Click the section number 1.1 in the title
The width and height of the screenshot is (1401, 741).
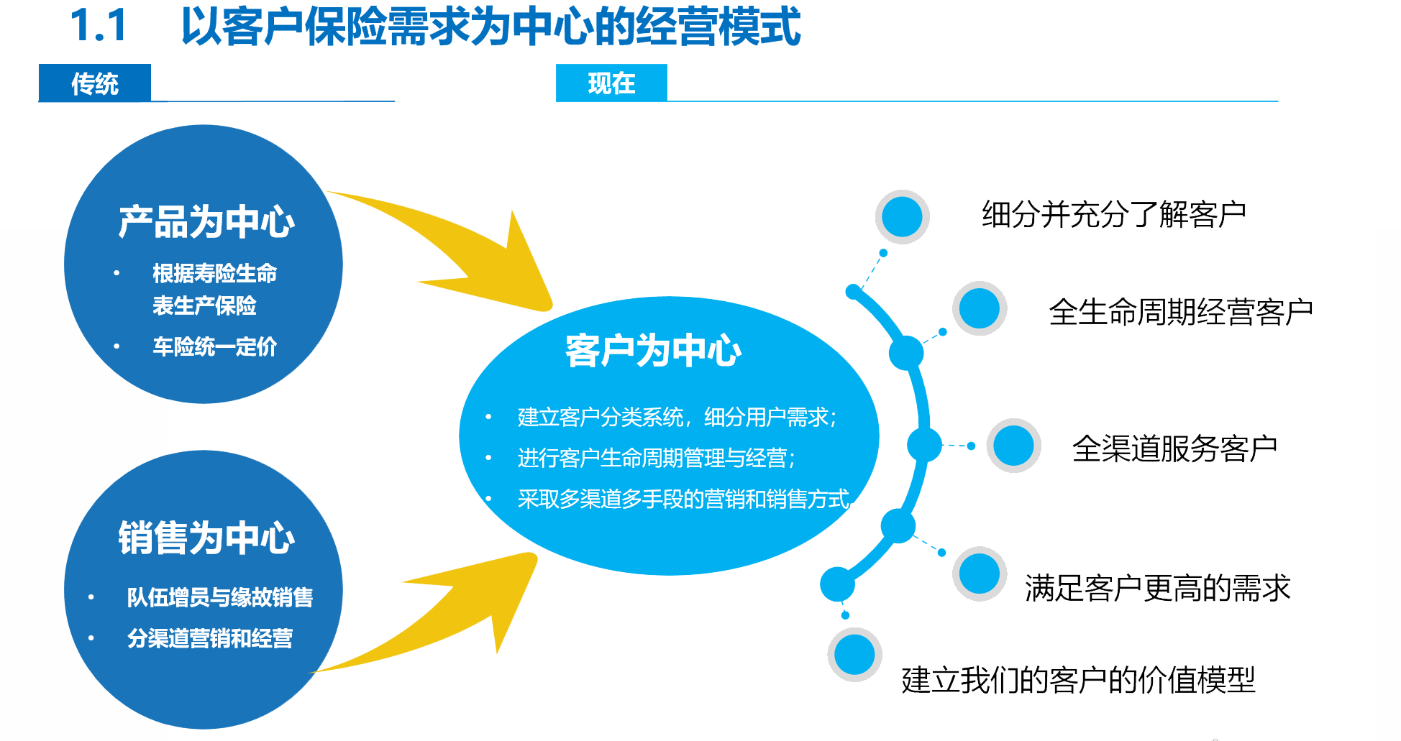pyautogui.click(x=99, y=26)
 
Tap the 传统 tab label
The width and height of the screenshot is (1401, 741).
pyautogui.click(x=94, y=83)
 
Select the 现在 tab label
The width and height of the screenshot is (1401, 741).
pyautogui.click(x=611, y=83)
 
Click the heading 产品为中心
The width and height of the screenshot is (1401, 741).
pyautogui.click(x=206, y=221)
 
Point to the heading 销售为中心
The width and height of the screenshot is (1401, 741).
pyautogui.click(x=206, y=538)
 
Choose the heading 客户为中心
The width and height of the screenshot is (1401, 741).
pyautogui.click(x=653, y=351)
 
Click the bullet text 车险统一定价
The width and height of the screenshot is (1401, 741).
pyautogui.click(x=214, y=346)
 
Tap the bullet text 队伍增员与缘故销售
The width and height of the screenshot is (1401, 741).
pyautogui.click(x=219, y=597)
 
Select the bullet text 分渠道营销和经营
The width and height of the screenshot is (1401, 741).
pyautogui.click(x=209, y=638)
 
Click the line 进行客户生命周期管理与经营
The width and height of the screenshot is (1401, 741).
pyautogui.click(x=656, y=458)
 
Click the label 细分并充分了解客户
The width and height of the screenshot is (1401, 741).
pyautogui.click(x=1113, y=214)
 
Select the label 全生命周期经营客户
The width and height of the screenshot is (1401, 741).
pyautogui.click(x=1180, y=312)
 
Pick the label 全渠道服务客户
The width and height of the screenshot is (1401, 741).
pyautogui.click(x=1174, y=448)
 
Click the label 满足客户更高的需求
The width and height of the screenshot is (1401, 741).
pyautogui.click(x=1157, y=588)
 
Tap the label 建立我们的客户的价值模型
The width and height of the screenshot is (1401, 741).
pyautogui.click(x=1077, y=680)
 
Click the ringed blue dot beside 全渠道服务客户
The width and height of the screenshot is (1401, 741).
pyautogui.click(x=1013, y=446)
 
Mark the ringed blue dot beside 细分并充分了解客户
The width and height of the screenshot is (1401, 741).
pyautogui.click(x=902, y=216)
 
